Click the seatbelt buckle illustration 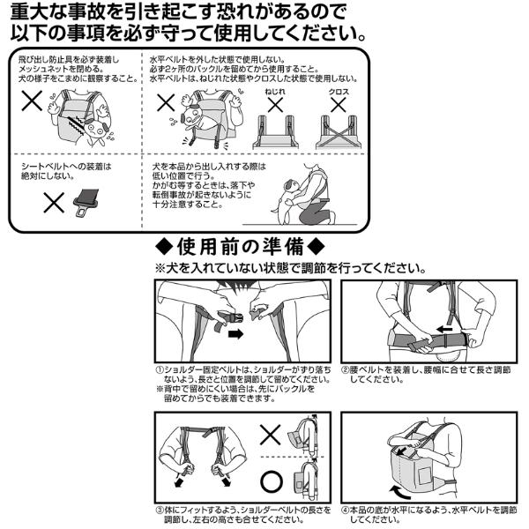(x=86, y=202)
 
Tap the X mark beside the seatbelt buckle (x=54, y=203)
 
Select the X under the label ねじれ (x=275, y=105)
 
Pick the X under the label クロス (x=339, y=105)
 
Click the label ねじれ (x=275, y=92)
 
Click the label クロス (x=339, y=92)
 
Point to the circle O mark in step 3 (x=272, y=481)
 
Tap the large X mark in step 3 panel (x=271, y=435)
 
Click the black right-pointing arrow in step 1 (x=235, y=334)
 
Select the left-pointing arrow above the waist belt (x=444, y=329)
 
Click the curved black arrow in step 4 (x=400, y=492)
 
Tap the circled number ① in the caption (x=160, y=370)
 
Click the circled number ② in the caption (x=345, y=370)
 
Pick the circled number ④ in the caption (x=345, y=510)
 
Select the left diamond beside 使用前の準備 (x=164, y=247)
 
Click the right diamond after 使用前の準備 (x=317, y=247)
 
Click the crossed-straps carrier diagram (x=339, y=132)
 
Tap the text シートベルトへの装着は (x=66, y=167)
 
